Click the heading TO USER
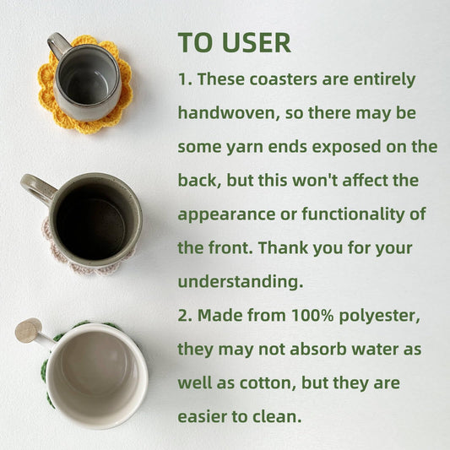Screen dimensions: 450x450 point(234,42)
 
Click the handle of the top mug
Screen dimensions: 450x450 point(58,45)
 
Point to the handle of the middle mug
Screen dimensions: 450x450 point(37,188)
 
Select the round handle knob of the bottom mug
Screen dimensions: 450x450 point(29,331)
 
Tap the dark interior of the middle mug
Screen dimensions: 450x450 point(91,223)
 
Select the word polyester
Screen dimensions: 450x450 point(379,316)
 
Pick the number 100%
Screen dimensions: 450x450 point(312,315)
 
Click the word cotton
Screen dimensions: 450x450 point(268,383)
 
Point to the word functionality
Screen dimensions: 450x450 point(352,214)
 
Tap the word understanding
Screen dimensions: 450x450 point(241,281)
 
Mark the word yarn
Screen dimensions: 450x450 point(245,148)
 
